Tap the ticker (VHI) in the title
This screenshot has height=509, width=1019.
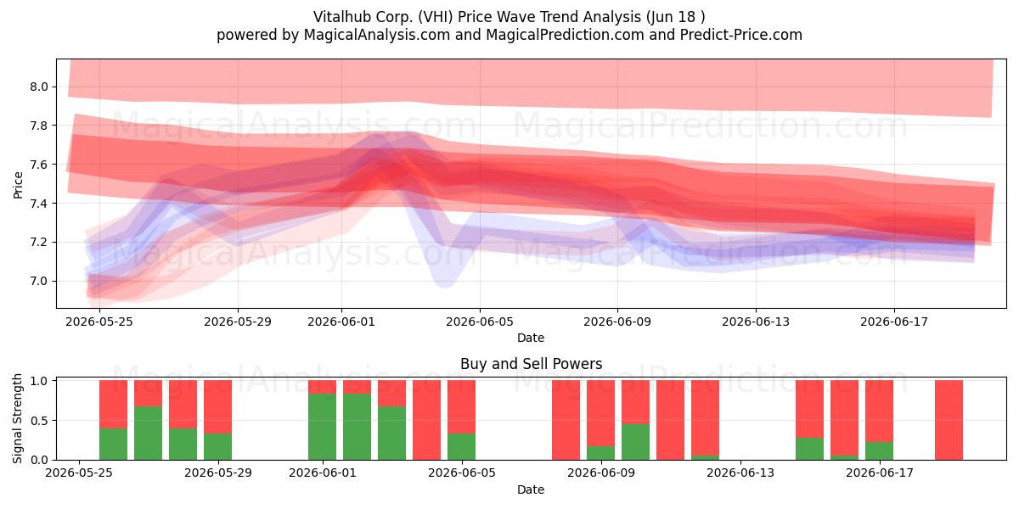click(x=436, y=17)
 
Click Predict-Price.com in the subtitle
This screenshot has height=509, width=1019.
click(x=741, y=35)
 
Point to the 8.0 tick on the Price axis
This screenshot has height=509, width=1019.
click(x=39, y=87)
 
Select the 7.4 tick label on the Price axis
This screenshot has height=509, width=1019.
click(x=39, y=203)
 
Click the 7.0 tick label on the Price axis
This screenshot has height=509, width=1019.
click(x=39, y=281)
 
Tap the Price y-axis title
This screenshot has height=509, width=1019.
click(x=18, y=185)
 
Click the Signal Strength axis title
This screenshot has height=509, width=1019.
click(x=17, y=418)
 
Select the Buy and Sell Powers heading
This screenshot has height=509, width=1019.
click(x=531, y=364)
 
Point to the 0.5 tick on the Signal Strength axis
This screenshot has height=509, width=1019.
click(x=39, y=421)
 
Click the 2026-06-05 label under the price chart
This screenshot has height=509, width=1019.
click(x=480, y=322)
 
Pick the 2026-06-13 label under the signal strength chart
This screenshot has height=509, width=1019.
click(x=740, y=473)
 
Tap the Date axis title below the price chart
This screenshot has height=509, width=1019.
click(x=531, y=338)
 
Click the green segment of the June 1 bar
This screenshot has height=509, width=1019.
click(x=323, y=427)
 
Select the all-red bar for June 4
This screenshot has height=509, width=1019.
click(x=426, y=420)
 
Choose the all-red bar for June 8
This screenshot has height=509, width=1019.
click(x=566, y=420)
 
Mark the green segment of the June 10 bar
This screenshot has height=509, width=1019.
click(x=635, y=442)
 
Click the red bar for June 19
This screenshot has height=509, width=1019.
click(x=949, y=420)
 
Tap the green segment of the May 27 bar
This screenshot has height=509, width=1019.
click(x=149, y=433)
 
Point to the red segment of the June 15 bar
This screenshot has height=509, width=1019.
click(x=810, y=409)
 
